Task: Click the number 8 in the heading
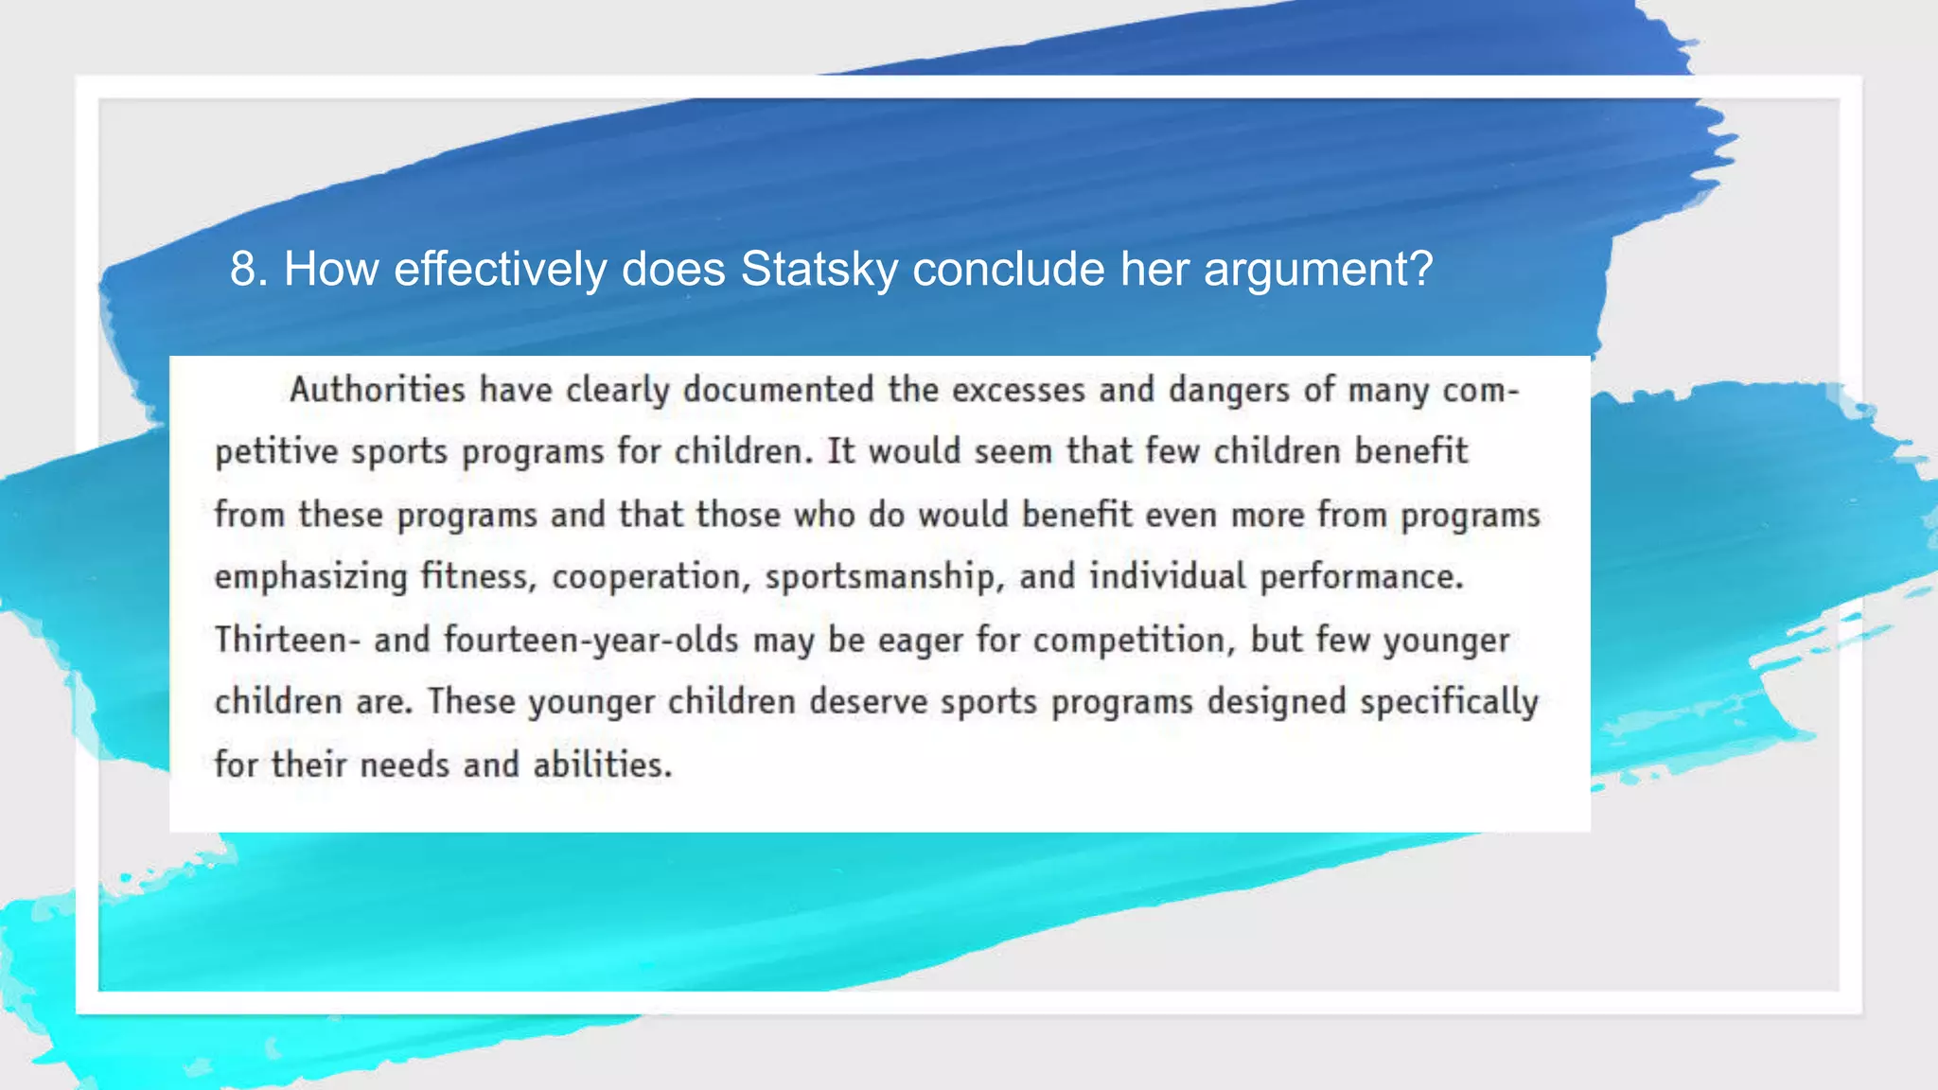(x=243, y=269)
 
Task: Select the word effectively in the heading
(x=500, y=269)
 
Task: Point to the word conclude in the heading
(x=1009, y=269)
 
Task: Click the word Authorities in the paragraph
(x=377, y=390)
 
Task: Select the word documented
(x=778, y=390)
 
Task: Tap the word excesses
(x=1018, y=390)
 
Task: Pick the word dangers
(x=1228, y=390)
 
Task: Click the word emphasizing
(x=310, y=577)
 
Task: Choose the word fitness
(x=478, y=577)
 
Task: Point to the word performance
(x=1361, y=577)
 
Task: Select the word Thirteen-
(x=287, y=640)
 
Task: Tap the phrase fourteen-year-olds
(x=590, y=640)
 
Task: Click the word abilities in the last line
(x=602, y=765)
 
